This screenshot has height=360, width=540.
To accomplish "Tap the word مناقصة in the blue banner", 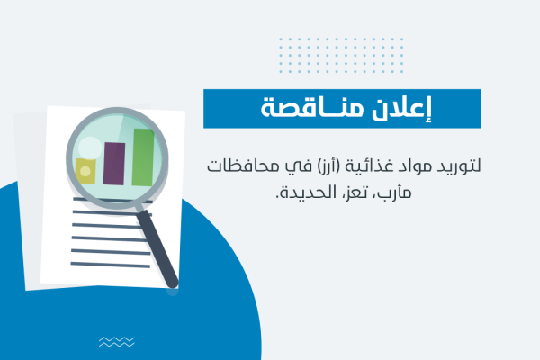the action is (x=311, y=108).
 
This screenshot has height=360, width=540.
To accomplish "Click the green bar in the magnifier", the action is (x=143, y=157).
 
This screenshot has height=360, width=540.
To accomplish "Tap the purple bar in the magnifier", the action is (x=114, y=164).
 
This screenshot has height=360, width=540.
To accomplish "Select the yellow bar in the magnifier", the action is (x=85, y=171).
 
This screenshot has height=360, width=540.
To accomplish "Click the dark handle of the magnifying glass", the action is (x=157, y=248).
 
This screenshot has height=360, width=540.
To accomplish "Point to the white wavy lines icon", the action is (x=117, y=342).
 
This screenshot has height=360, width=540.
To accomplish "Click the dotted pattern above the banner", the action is (x=341, y=56).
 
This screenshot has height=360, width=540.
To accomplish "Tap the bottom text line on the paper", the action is (x=111, y=265).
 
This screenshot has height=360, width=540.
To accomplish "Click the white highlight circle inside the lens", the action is (x=90, y=148).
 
